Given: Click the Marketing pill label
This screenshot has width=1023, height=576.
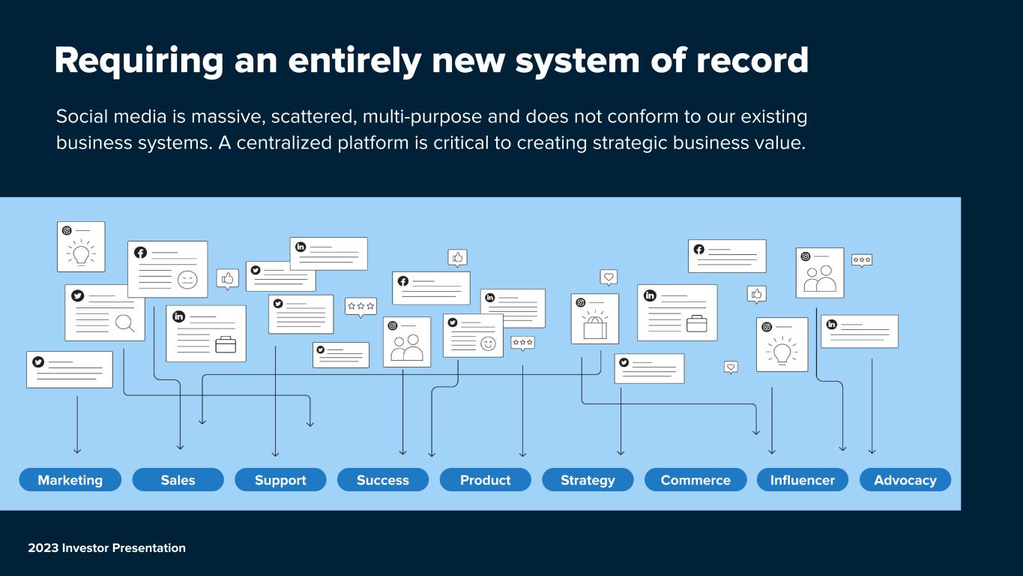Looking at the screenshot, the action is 70,480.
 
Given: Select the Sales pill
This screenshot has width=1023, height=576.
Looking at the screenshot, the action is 178,480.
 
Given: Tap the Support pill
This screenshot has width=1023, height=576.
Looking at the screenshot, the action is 280,480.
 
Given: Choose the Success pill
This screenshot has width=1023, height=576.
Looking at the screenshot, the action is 383,480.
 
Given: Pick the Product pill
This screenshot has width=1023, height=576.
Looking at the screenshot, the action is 486,480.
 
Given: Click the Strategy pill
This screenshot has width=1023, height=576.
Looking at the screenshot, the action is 588,480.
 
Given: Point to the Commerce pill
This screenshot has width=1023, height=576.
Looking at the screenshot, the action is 695,480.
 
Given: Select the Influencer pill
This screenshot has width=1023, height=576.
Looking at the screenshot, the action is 803,480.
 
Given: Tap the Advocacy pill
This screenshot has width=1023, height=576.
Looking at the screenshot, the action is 905,480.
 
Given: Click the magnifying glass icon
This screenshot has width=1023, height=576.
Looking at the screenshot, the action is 124,323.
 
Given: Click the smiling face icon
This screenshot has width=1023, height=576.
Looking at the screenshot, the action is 488,343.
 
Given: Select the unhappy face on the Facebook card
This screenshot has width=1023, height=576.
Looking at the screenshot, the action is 187,279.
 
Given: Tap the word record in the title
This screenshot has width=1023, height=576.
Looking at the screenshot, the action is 752,60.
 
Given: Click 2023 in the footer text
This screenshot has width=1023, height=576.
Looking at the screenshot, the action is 43,547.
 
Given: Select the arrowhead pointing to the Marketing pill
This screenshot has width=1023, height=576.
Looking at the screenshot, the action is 77,451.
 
